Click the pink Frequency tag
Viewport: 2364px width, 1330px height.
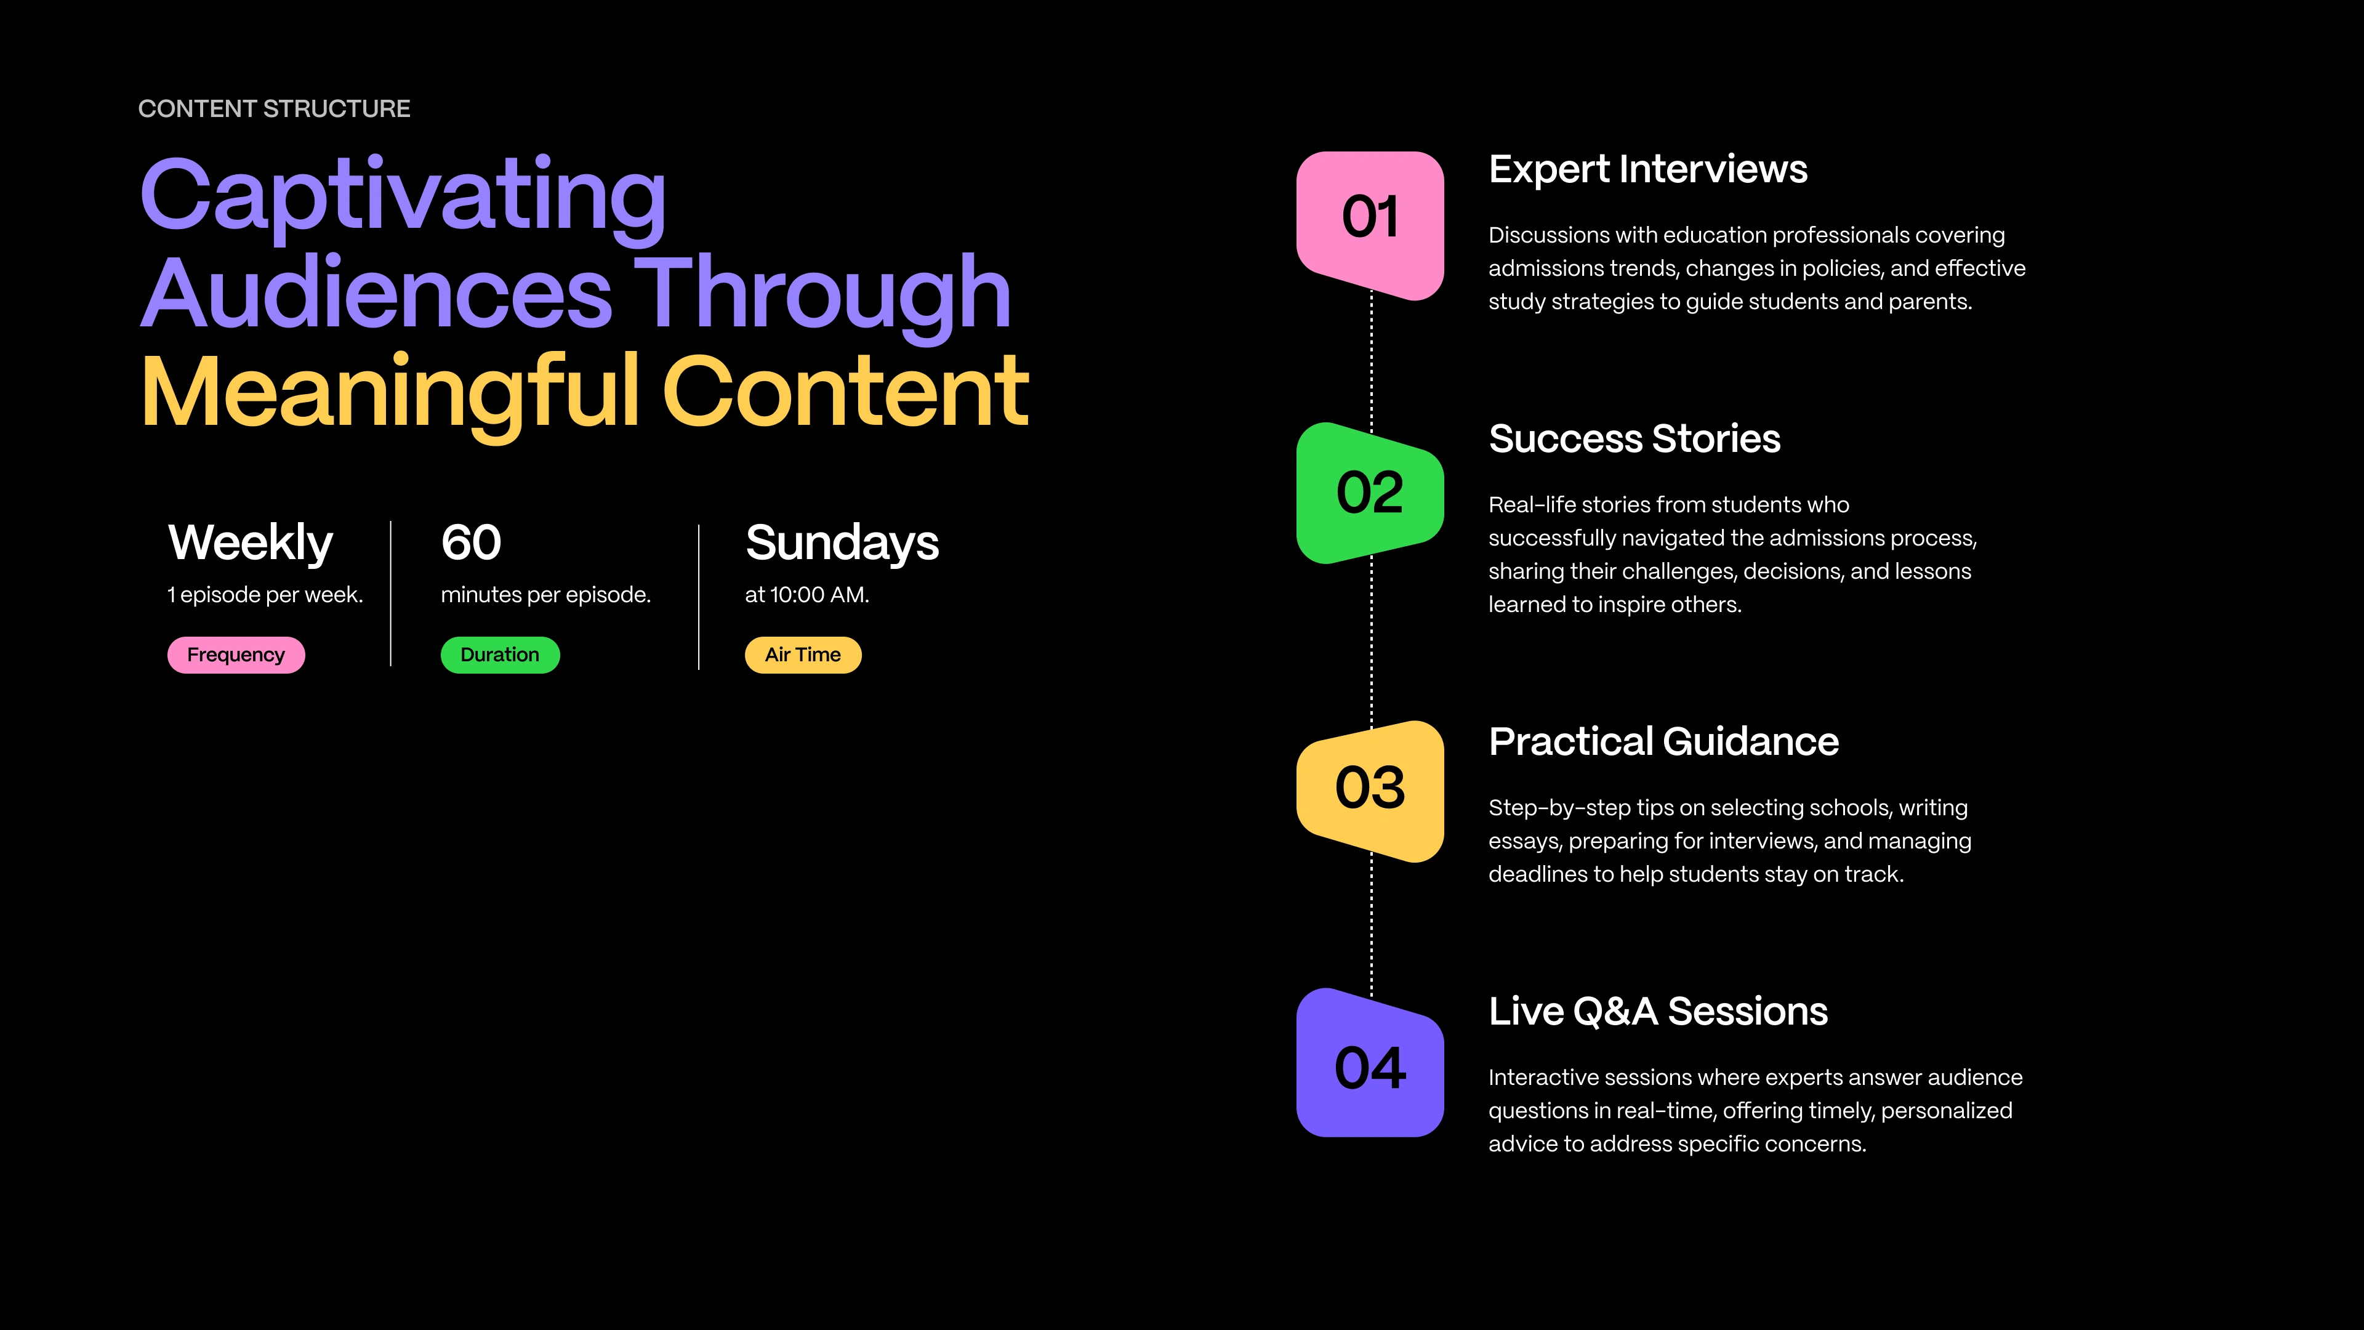coord(236,655)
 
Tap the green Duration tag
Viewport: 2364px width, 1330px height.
coord(500,655)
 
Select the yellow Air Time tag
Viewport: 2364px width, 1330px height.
coord(803,655)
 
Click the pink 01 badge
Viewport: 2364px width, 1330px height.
coord(1370,225)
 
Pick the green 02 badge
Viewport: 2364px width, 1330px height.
coord(1370,493)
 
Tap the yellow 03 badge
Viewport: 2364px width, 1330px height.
coord(1370,790)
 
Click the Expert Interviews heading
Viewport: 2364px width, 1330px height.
coord(1647,170)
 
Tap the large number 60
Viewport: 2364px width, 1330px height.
coord(471,542)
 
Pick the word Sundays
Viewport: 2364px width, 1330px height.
coord(842,543)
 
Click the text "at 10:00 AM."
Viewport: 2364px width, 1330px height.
coord(806,595)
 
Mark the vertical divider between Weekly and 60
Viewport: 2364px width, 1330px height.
coord(391,594)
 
